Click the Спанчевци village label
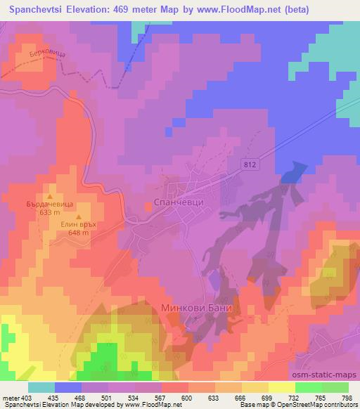178,202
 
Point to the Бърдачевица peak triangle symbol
50,196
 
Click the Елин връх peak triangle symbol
79,216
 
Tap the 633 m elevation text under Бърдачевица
49,212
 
